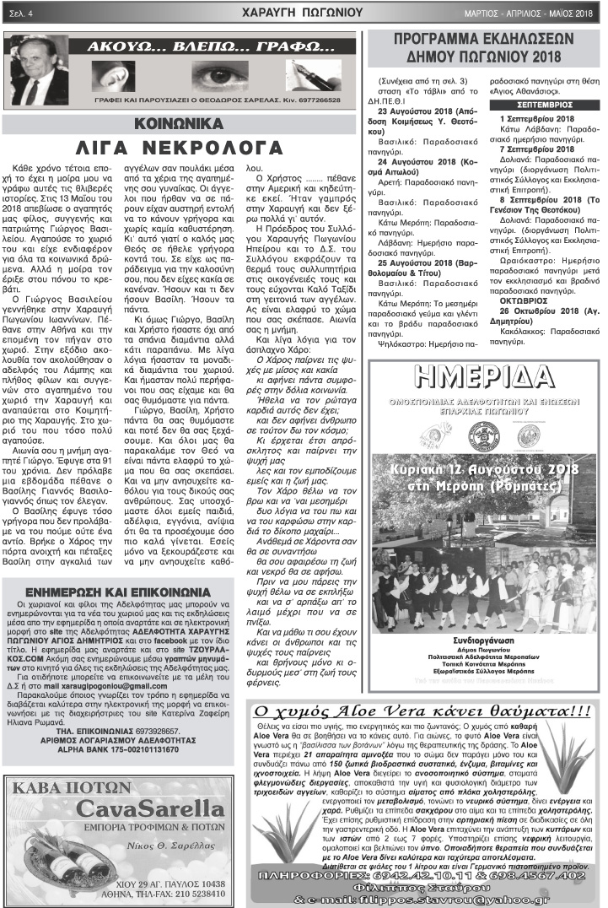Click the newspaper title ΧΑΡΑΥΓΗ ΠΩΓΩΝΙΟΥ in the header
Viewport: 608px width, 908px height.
tap(301, 13)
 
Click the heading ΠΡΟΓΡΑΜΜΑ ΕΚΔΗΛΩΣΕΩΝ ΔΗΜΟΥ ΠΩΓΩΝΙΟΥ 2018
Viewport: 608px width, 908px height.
tap(483, 49)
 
